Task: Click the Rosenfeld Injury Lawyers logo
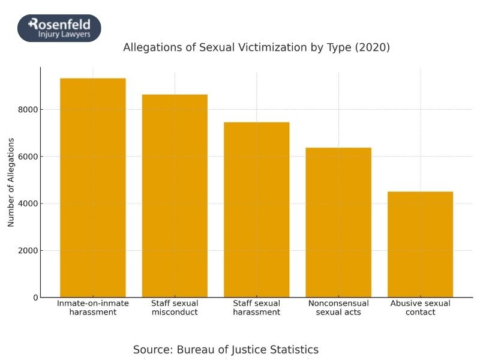[59, 28]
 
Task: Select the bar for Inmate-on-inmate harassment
[93, 188]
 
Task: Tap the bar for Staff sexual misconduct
[175, 196]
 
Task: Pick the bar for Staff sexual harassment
[257, 209]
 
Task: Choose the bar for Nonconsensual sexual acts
[338, 222]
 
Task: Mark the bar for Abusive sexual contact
[420, 244]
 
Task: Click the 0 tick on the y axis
[35, 298]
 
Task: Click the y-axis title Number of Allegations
[11, 182]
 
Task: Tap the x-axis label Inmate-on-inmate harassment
[93, 308]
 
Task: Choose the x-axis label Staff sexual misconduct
[175, 308]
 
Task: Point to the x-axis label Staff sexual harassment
[257, 308]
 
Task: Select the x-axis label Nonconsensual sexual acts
[338, 308]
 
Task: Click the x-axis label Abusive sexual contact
[420, 308]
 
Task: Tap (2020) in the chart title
[372, 47]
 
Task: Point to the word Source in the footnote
[152, 350]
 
